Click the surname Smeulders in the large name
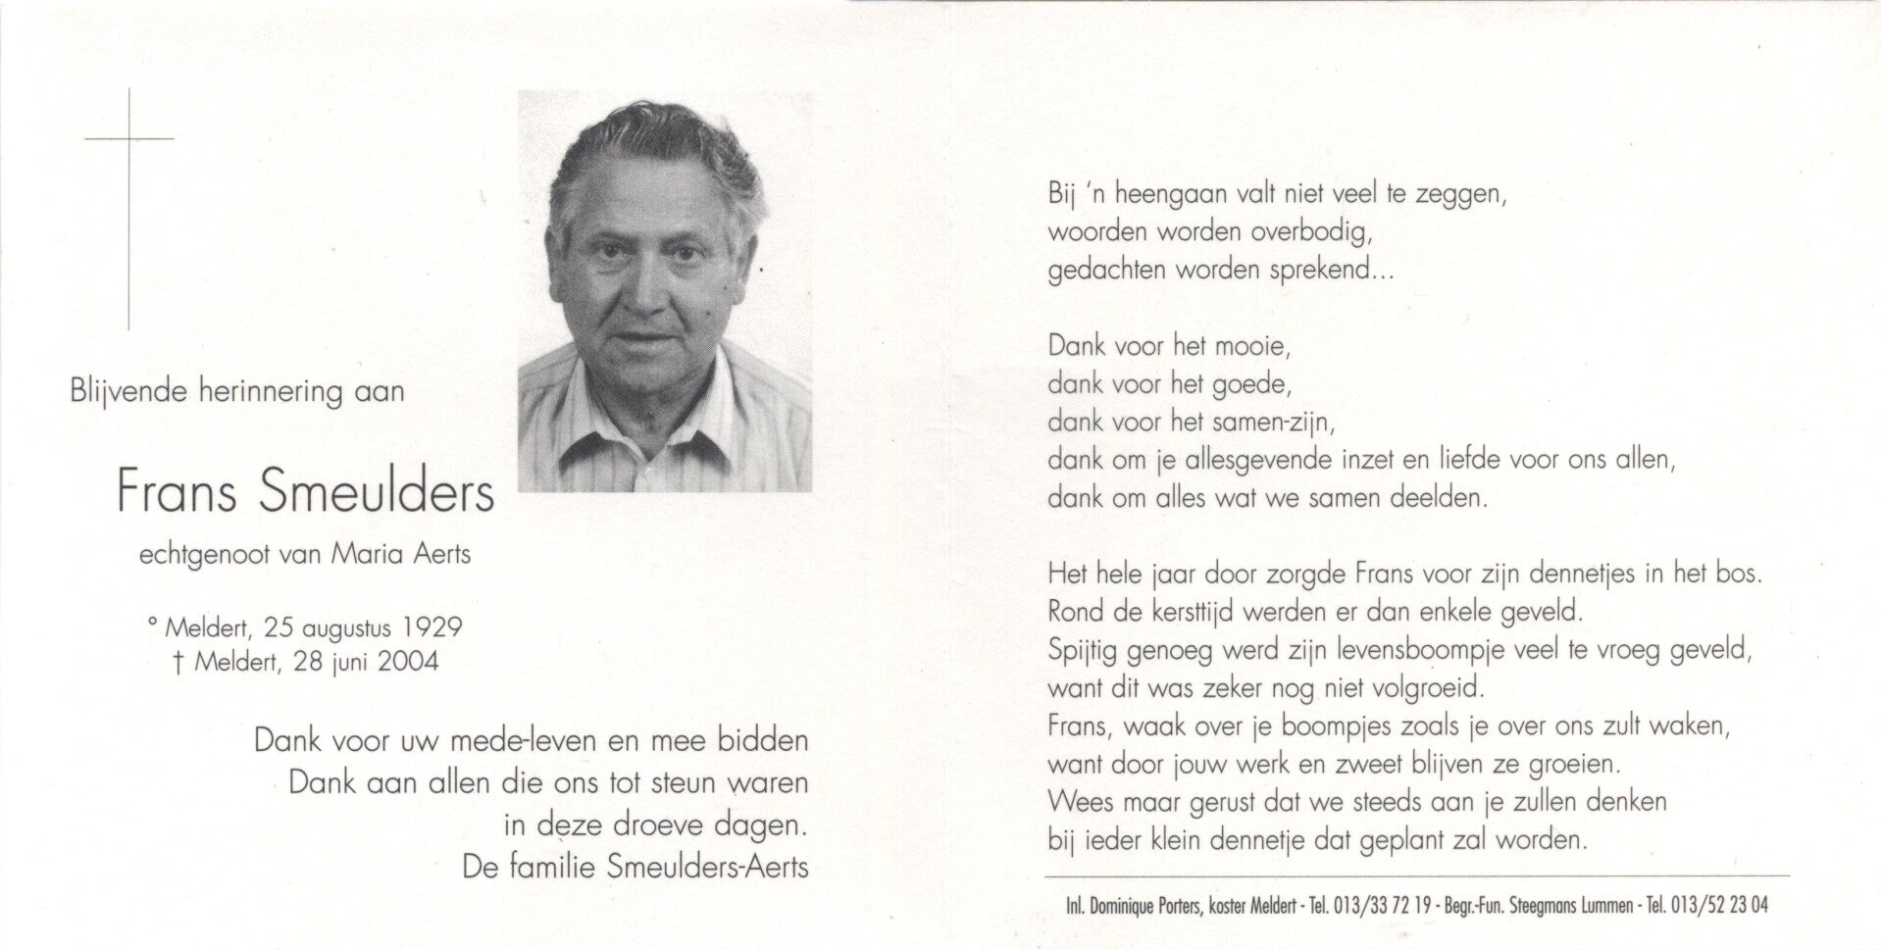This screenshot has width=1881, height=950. click(x=377, y=492)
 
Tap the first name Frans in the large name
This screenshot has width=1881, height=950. click(x=178, y=492)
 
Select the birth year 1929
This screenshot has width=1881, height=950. click(x=429, y=626)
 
